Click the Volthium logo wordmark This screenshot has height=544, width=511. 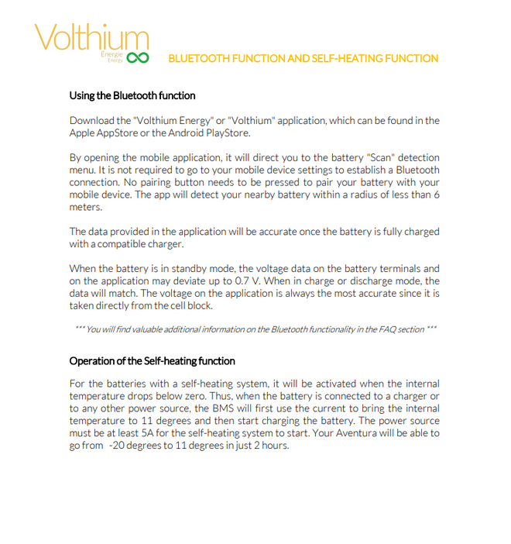91,39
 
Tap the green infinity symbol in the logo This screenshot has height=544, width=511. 138,58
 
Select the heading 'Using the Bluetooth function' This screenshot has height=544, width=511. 132,95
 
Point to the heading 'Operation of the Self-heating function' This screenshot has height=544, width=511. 152,360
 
